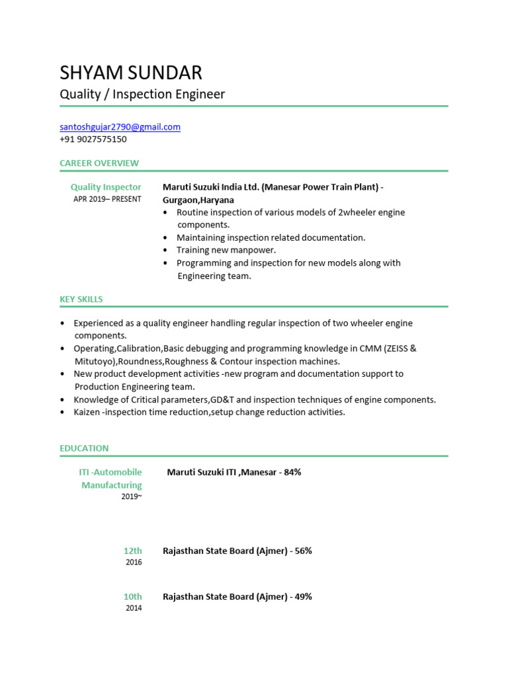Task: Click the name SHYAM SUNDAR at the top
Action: [131, 72]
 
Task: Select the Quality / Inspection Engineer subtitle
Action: [142, 95]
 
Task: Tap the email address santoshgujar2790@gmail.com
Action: [120, 127]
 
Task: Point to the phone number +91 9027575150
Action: [93, 139]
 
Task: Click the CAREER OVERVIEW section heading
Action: [99, 163]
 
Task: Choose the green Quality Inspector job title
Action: [106, 187]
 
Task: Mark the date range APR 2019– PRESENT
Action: [107, 199]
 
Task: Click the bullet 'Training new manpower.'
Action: [226, 250]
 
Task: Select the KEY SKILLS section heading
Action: [81, 299]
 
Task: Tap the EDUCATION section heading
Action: [84, 448]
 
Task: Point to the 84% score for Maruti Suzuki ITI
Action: [292, 472]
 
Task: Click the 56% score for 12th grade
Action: [303, 551]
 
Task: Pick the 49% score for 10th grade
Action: [303, 596]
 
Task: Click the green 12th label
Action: [132, 551]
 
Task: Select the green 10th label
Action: [132, 596]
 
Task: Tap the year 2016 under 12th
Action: [134, 563]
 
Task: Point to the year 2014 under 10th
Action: [134, 608]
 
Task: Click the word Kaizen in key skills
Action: [88, 412]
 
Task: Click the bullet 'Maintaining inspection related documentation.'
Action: [271, 237]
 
